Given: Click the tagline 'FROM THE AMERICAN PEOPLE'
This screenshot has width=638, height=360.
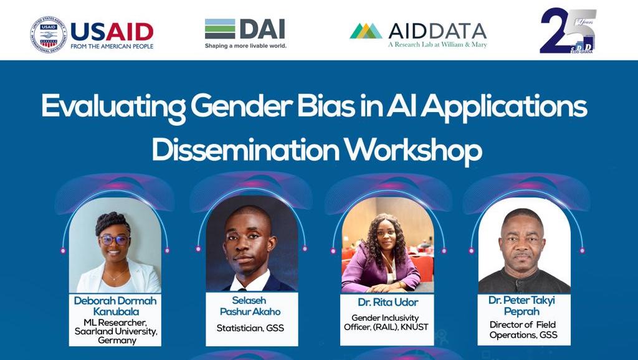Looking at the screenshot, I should (x=112, y=46).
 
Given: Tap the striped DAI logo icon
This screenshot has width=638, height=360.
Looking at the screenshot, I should (x=220, y=29).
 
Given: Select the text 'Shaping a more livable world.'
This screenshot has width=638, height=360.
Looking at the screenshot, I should (x=245, y=45).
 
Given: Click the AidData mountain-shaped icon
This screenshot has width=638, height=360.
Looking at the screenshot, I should (x=366, y=31).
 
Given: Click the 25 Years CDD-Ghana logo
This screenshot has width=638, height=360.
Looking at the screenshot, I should (x=568, y=31).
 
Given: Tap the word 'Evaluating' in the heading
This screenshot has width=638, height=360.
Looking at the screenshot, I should (x=113, y=108).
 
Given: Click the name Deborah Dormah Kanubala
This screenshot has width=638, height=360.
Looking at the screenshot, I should (x=115, y=305).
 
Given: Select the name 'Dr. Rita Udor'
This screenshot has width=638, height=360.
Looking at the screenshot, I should (x=386, y=303).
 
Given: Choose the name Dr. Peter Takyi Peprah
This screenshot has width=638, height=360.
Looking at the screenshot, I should (x=522, y=305).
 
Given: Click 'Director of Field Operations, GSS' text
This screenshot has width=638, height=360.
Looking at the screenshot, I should (x=522, y=329).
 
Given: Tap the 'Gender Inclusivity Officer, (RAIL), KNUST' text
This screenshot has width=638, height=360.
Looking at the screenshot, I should (x=386, y=322).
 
